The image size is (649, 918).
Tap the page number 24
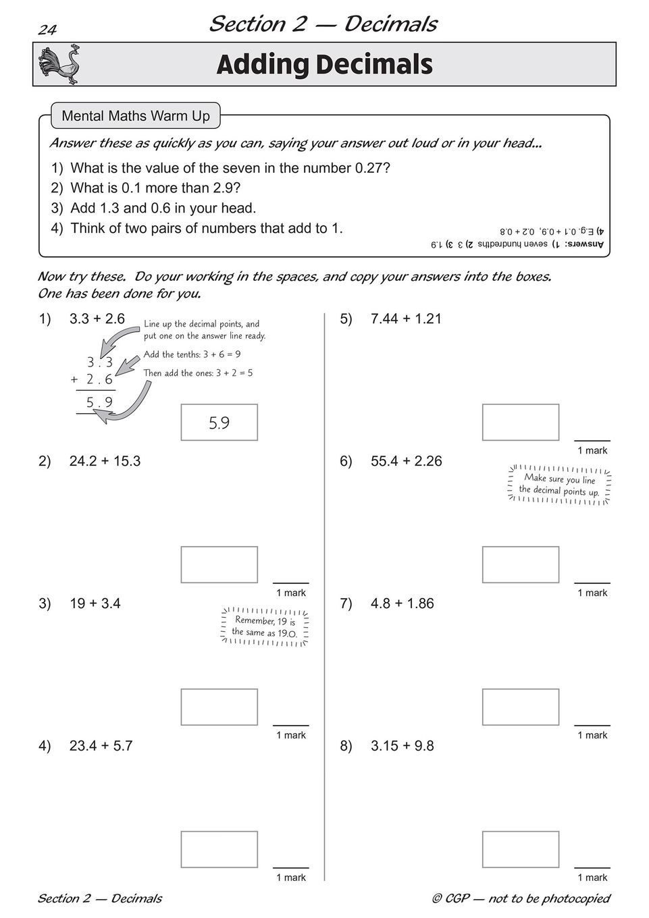point(47,29)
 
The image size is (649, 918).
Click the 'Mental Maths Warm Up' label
point(136,116)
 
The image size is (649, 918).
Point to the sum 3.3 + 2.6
point(97,319)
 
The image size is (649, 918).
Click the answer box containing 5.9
point(219,423)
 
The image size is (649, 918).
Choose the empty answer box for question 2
point(219,565)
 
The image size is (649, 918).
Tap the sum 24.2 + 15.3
point(105,461)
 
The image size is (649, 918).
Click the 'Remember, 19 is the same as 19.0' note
point(265,626)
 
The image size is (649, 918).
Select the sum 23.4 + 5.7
point(101,746)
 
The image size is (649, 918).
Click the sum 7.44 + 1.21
point(406,319)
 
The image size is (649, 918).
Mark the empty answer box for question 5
point(521,423)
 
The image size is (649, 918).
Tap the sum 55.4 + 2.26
point(406,461)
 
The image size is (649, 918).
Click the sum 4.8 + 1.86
point(402,603)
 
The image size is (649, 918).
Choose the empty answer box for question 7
point(521,707)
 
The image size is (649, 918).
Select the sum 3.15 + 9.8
point(402,746)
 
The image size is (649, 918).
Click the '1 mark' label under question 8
point(592,878)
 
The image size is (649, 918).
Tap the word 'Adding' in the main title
point(261,65)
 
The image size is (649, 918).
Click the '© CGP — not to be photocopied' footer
point(521,898)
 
